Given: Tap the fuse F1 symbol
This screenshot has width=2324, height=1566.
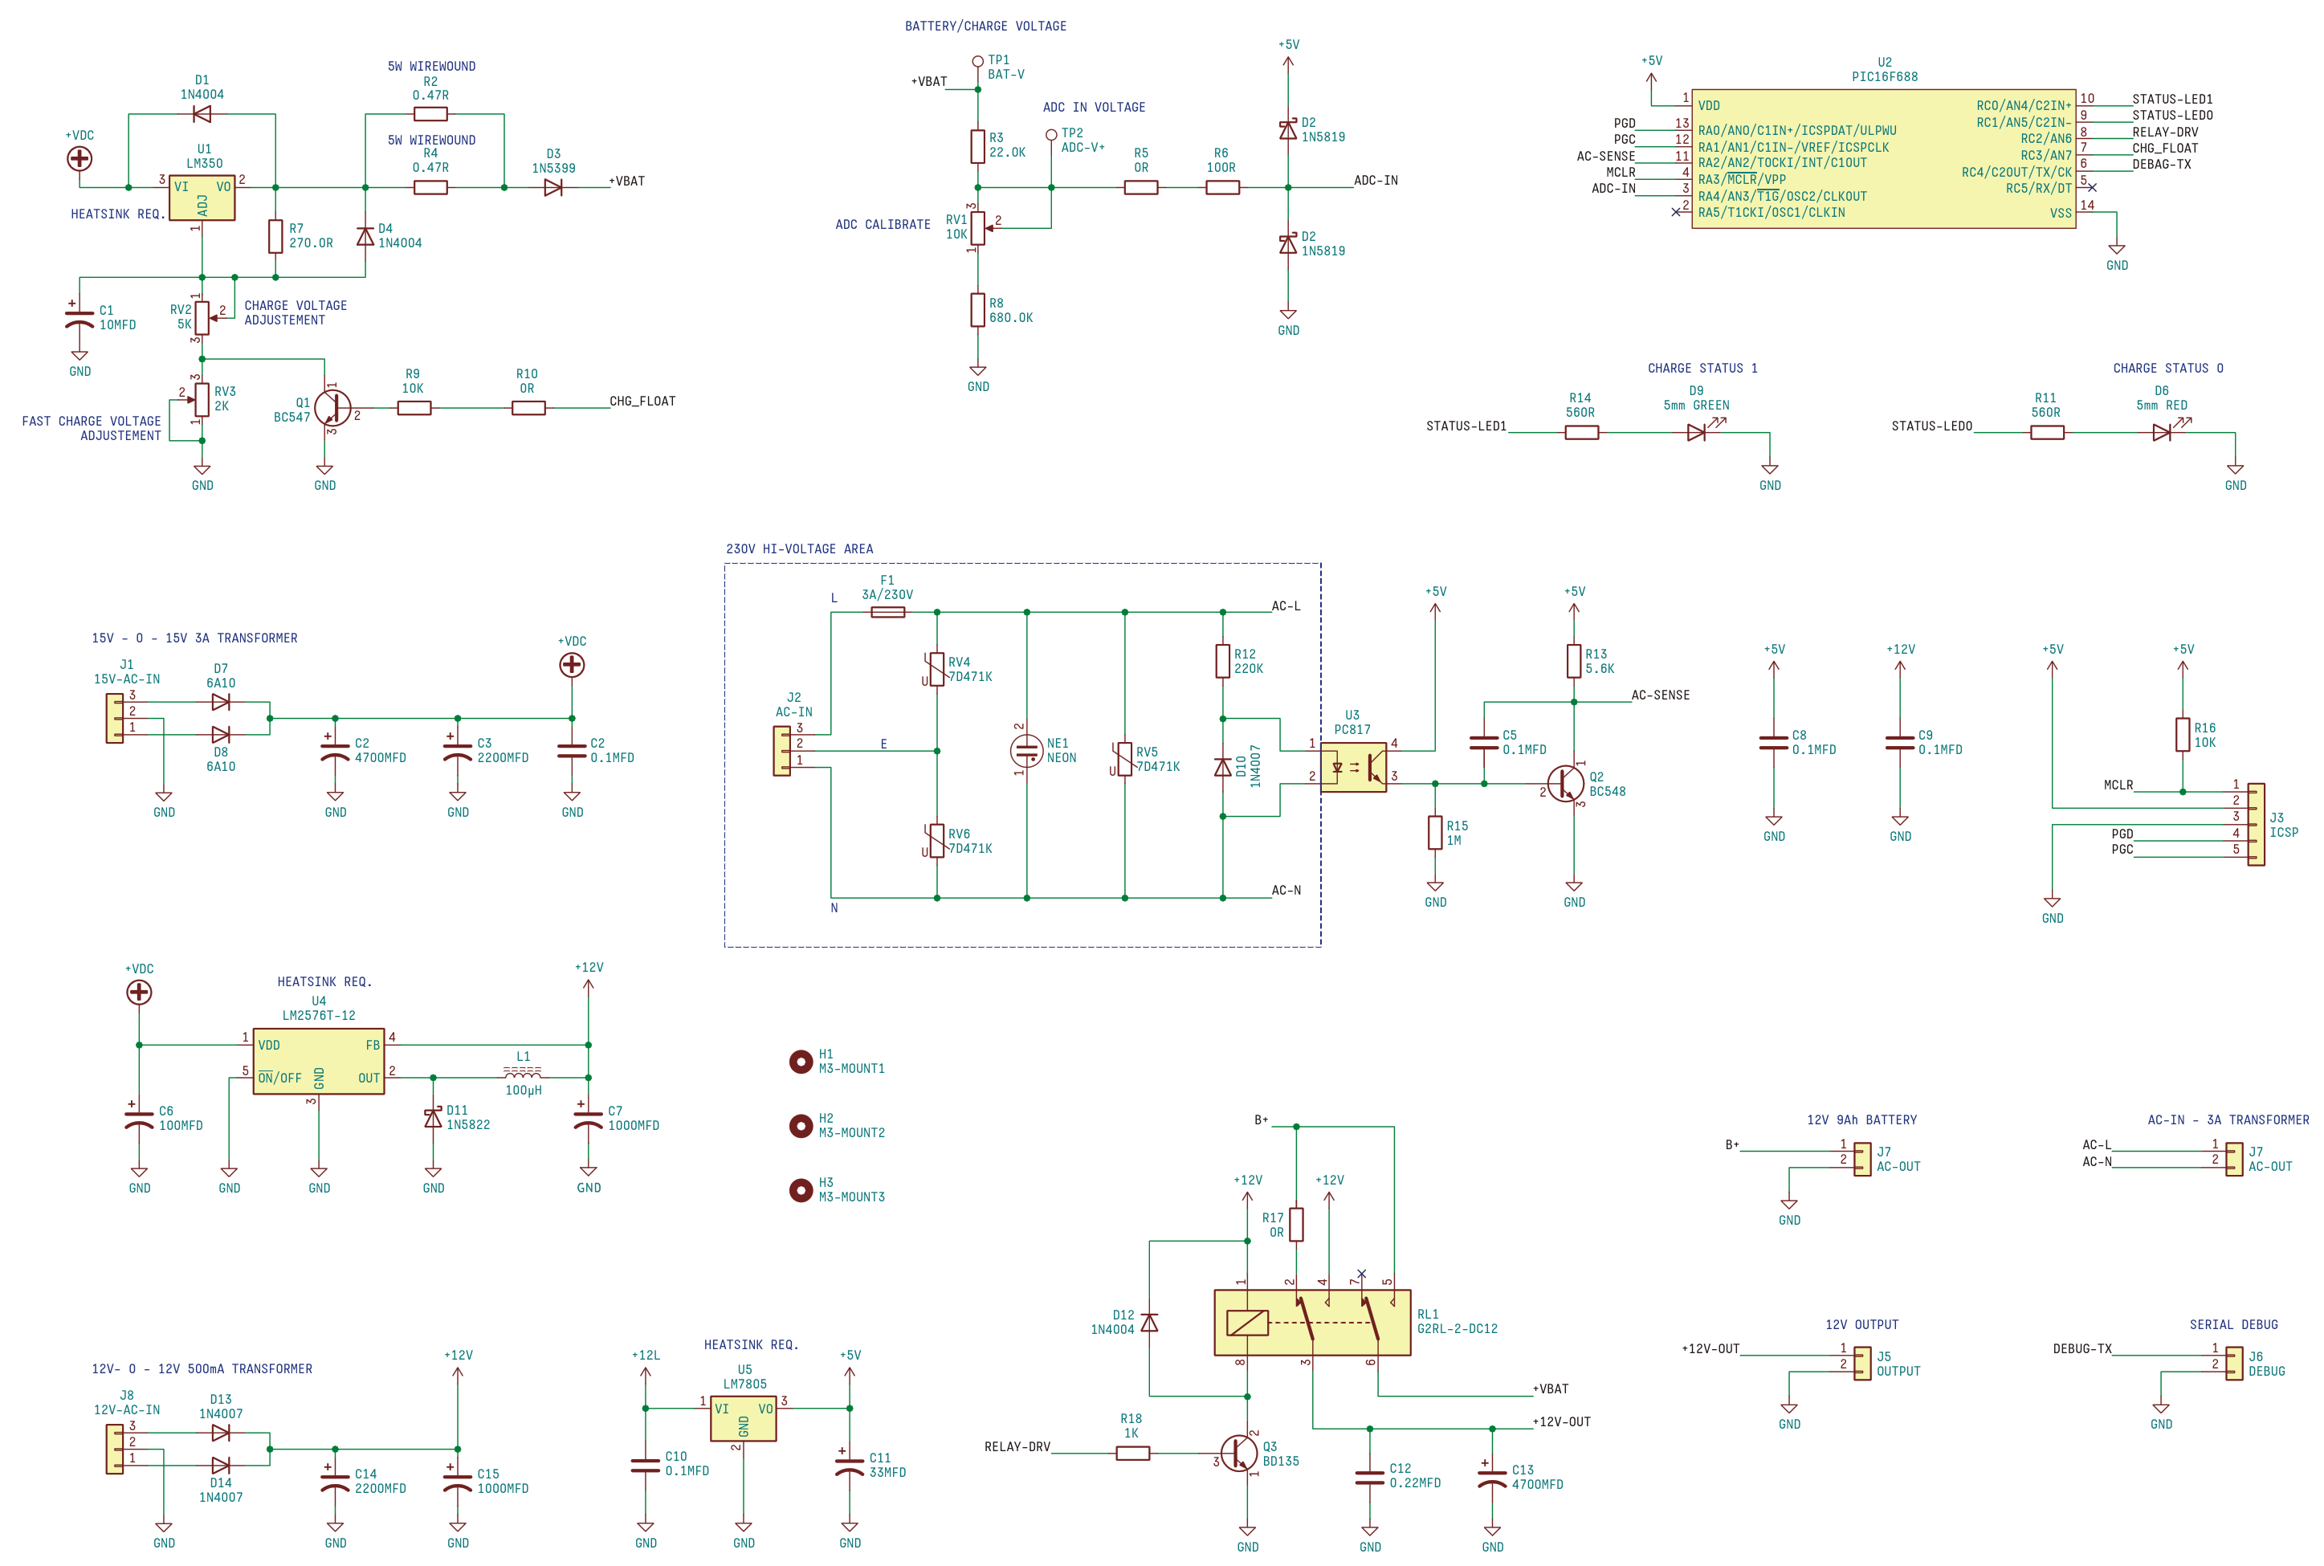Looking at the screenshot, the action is (x=888, y=612).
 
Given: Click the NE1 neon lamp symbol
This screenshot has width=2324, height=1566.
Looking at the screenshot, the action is (x=1026, y=751).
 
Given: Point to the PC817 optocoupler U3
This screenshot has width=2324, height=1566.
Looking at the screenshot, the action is (x=1353, y=767).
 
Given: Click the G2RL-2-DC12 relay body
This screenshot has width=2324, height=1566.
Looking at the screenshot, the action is (x=1311, y=1323).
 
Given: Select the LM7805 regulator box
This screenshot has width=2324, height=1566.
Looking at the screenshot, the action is (x=743, y=1418).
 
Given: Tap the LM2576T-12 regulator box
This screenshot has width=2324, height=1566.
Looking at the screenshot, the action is (x=319, y=1062).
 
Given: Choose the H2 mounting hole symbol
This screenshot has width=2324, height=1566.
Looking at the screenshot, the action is (x=800, y=1127).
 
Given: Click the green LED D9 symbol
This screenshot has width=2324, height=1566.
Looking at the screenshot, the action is (x=1697, y=431).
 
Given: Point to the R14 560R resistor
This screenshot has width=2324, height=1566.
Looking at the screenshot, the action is (x=1581, y=432).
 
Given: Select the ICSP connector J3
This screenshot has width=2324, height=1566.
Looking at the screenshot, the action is (x=2256, y=825).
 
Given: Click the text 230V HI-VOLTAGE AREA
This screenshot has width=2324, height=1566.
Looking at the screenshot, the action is (x=799, y=549).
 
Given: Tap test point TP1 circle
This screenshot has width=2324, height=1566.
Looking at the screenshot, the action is (x=978, y=62).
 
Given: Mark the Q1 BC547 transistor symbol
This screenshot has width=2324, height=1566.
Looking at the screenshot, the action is (x=332, y=407).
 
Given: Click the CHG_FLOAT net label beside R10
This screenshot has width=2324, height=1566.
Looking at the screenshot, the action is (x=642, y=402).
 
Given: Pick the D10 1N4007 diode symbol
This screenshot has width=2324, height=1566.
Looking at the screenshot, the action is (x=1222, y=767).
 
